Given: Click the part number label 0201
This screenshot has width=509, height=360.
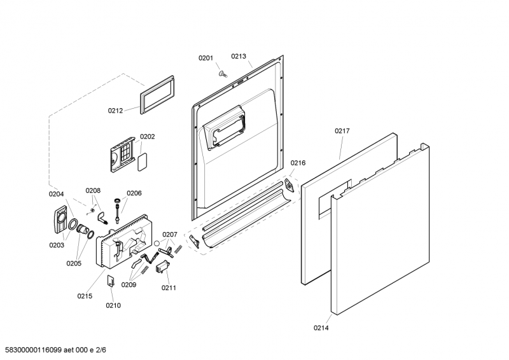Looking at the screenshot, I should point(206,59).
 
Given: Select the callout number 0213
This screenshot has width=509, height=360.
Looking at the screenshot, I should point(239,56).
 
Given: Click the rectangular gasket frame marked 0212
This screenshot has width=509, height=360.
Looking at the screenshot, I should point(156,94).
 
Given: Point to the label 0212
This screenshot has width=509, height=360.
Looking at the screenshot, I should point(115,111).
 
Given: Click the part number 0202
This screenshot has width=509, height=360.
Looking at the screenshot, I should point(148,136).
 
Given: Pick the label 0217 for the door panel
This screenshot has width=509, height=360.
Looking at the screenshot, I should point(342,131).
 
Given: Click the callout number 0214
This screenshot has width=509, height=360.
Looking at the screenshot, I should point(321,328).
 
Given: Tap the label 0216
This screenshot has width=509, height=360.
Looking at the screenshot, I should point(298,163).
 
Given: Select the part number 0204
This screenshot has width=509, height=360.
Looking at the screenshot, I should point(57,194).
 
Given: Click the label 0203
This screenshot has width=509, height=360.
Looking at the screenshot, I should point(57,245).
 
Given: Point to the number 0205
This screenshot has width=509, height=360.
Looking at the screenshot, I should point(74,263).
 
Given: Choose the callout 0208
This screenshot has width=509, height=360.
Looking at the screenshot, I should point(94,190).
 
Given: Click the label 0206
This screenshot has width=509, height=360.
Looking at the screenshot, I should point(134,193).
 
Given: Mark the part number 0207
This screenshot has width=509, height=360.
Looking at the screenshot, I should point(169,234).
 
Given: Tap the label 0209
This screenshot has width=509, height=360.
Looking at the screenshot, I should point(129,284).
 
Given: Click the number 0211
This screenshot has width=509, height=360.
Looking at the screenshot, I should point(169,287).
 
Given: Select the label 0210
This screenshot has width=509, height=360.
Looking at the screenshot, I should point(113,305).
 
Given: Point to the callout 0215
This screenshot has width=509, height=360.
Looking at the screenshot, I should point(85,296).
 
